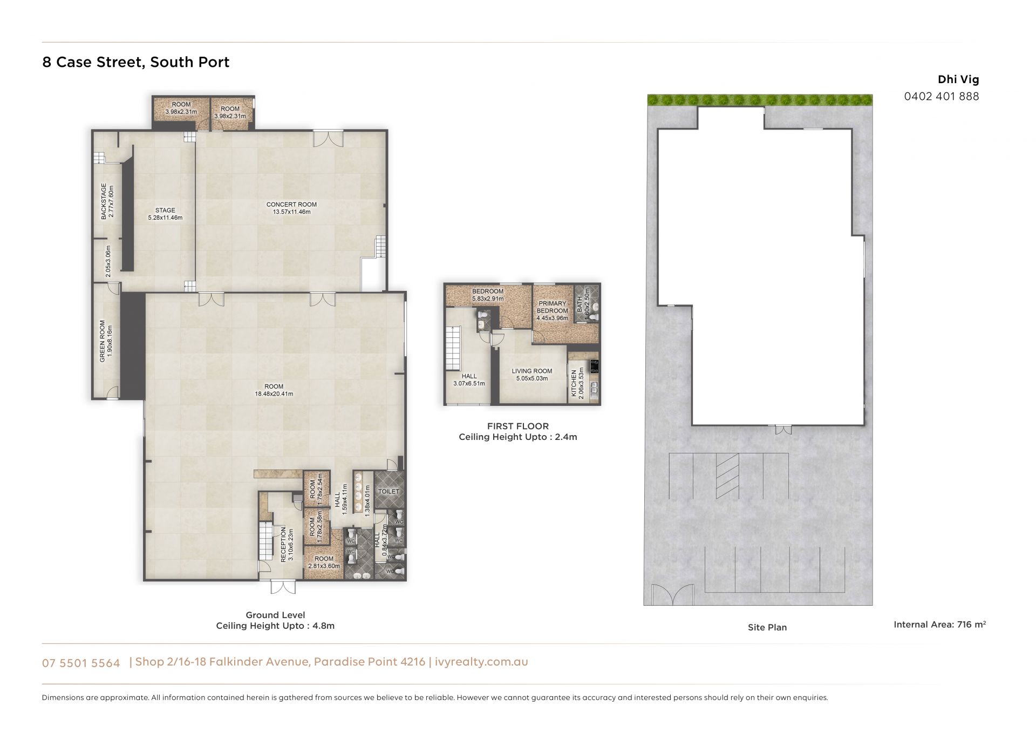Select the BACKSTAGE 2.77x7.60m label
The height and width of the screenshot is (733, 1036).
(107, 201)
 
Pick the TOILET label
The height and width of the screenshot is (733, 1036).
(388, 492)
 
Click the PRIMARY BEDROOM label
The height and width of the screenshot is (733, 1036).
(552, 307)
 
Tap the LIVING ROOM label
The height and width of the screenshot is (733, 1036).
(531, 371)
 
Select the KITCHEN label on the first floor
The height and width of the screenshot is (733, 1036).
(574, 383)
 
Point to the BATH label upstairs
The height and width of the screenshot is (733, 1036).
(580, 304)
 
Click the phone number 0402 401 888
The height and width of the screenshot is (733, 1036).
(942, 96)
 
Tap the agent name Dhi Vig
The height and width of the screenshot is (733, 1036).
(958, 79)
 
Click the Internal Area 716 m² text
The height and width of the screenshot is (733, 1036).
(939, 625)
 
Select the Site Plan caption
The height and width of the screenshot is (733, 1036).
(767, 627)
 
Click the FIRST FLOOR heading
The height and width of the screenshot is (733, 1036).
(518, 426)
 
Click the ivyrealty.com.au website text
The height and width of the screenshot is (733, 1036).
(481, 662)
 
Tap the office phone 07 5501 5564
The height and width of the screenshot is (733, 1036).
(81, 663)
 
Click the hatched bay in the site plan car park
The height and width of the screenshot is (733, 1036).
(727, 476)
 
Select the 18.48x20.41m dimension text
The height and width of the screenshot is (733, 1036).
(274, 394)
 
